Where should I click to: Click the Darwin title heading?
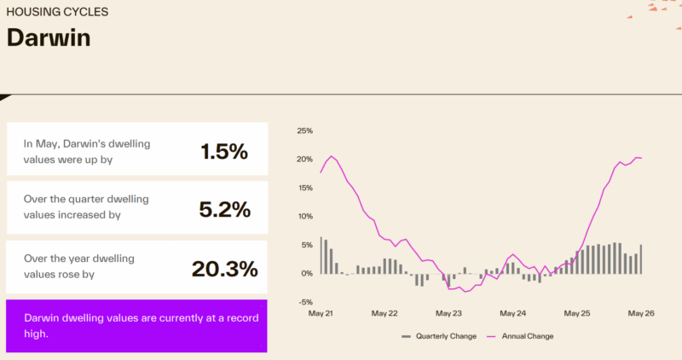pos(49,38)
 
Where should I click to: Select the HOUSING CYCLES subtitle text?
pos(57,12)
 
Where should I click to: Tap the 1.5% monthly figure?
pos(224,152)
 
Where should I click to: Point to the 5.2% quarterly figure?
pos(225,210)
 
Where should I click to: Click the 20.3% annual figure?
pos(225,269)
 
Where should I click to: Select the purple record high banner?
pos(136,326)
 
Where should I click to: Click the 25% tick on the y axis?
pos(305,131)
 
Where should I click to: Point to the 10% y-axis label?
pos(305,217)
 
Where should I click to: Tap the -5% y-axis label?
pos(306,302)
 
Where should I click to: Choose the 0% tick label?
pos(307,273)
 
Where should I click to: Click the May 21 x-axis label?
pos(321,313)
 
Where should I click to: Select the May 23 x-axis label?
pos(449,313)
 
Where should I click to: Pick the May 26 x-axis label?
pos(641,313)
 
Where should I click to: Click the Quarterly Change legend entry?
pos(439,336)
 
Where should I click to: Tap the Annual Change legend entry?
pos(520,336)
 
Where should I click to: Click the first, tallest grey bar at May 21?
pos(321,256)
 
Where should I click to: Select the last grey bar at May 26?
pos(641,259)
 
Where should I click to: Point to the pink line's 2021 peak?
pos(332,156)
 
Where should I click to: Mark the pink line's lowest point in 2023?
pos(465,292)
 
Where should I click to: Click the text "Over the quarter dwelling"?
pos(86,200)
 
